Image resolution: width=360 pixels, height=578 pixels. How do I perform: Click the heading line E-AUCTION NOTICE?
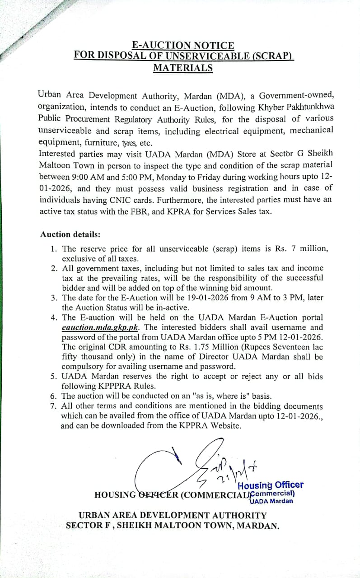[x=183, y=46]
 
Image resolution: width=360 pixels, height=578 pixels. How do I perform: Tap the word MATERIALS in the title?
[x=183, y=68]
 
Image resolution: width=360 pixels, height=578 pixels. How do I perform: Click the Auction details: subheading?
[x=70, y=234]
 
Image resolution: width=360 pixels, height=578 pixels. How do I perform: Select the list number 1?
[x=53, y=249]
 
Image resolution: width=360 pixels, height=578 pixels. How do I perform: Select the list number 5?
[x=53, y=377]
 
